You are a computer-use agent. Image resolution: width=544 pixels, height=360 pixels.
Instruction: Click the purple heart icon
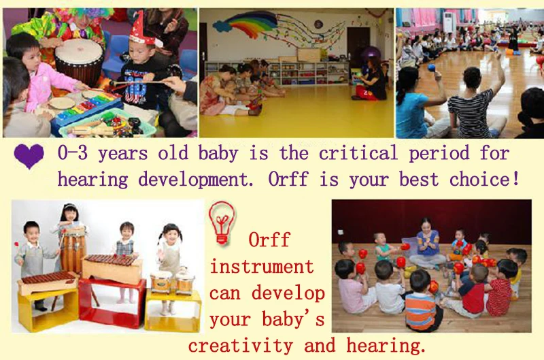coord(29,156)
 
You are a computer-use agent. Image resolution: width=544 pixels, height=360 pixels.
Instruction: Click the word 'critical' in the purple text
coord(358,153)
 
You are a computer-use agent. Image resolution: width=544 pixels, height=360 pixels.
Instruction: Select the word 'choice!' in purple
coord(484,179)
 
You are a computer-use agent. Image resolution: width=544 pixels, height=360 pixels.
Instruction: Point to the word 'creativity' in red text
coord(241,346)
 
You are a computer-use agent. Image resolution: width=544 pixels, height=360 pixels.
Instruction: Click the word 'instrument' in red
coord(262,267)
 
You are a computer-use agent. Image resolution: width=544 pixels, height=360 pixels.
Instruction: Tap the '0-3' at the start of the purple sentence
coord(73,153)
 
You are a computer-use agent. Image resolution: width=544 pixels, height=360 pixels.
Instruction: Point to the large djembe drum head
coord(80,51)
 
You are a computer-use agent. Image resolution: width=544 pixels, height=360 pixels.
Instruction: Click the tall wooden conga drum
coord(73,250)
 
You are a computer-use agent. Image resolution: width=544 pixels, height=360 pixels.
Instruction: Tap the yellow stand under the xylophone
coord(48,310)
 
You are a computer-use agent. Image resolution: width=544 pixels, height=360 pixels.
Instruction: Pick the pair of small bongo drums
coord(173,282)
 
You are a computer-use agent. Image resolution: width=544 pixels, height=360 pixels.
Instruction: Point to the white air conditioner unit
coord(449,22)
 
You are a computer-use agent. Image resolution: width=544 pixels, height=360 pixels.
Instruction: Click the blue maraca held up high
coord(431,67)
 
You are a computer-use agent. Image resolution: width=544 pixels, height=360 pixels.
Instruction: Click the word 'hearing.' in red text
coord(386,346)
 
